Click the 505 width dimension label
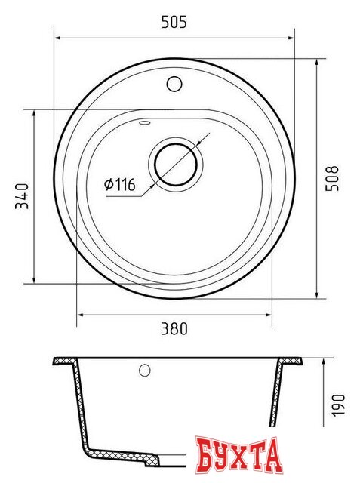pyautogui.click(x=174, y=23)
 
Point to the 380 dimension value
pyautogui.click(x=174, y=329)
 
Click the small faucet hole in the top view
pyautogui.click(x=175, y=83)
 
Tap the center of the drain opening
pyautogui.click(x=177, y=162)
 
